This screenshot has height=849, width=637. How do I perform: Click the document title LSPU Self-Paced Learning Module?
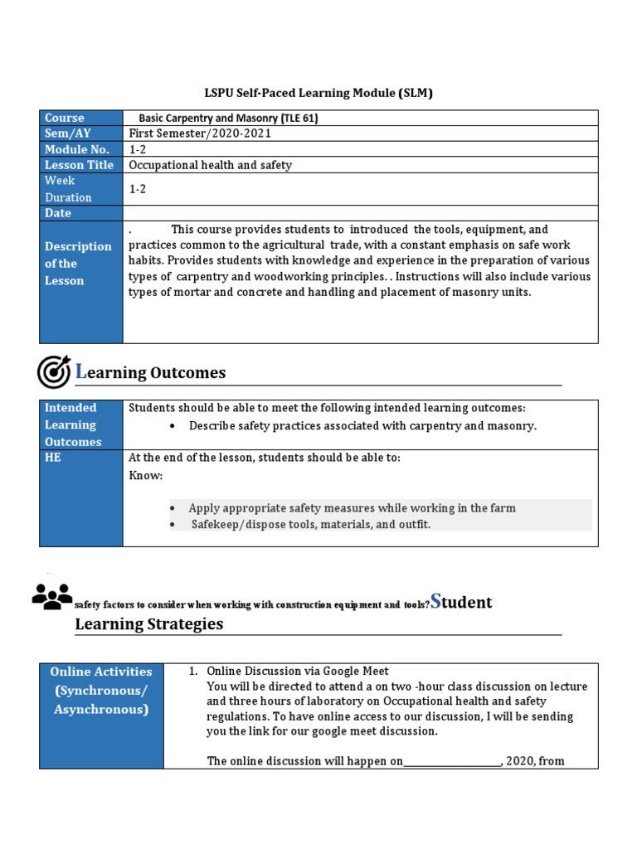click(x=318, y=94)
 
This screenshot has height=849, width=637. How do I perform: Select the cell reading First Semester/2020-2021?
click(x=200, y=133)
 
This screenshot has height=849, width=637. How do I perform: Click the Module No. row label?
click(x=77, y=149)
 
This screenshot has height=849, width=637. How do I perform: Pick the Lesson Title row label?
click(x=80, y=165)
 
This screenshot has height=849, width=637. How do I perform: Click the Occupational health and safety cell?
click(x=211, y=165)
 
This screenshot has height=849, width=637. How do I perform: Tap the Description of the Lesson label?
click(x=78, y=264)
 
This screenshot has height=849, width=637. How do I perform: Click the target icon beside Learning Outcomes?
click(x=54, y=372)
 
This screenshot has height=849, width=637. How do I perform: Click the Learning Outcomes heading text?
click(x=151, y=373)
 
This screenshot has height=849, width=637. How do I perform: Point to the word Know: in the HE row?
click(x=146, y=476)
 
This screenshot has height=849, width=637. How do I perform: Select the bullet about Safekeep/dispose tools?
click(x=311, y=525)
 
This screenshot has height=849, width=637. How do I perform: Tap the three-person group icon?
click(x=51, y=596)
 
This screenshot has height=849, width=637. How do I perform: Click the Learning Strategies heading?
click(x=149, y=624)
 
